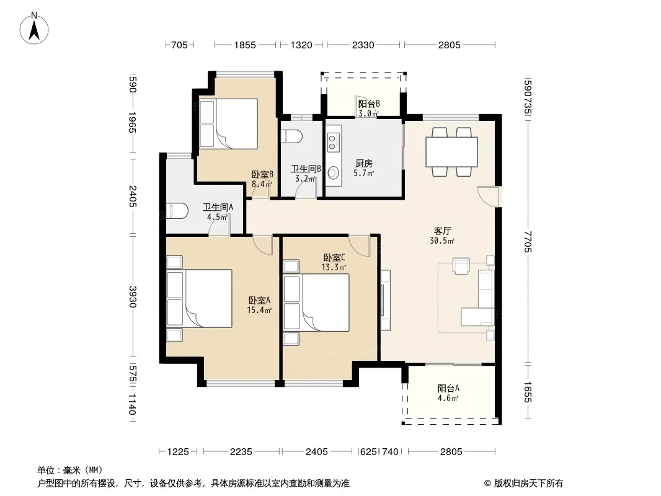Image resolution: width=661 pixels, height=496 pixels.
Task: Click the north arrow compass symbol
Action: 34,29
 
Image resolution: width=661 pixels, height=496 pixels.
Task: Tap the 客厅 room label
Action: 442,231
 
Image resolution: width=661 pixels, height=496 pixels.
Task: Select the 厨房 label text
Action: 364,164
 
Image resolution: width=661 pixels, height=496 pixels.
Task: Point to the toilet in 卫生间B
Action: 291,137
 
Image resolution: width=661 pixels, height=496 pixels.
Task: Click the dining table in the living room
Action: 451,152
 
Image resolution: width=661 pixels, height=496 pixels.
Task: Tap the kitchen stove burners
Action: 332,142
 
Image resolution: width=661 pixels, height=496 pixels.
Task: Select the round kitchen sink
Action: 334,172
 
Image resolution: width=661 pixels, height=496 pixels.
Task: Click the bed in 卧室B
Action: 228,124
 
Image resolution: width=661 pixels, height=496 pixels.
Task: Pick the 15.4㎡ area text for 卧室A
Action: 259,311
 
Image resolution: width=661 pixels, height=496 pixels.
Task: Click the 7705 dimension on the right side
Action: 528,241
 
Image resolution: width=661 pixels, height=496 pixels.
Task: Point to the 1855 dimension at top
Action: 245,45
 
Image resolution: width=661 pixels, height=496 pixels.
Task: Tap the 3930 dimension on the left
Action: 132,297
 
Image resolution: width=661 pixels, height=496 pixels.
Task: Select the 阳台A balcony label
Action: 448,389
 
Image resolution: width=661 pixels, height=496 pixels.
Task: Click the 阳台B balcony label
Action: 369,104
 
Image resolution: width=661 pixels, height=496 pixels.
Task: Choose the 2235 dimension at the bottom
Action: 241,452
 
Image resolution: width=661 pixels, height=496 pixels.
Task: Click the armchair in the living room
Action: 461,266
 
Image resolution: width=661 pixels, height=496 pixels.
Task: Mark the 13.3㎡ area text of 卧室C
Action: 334,268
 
